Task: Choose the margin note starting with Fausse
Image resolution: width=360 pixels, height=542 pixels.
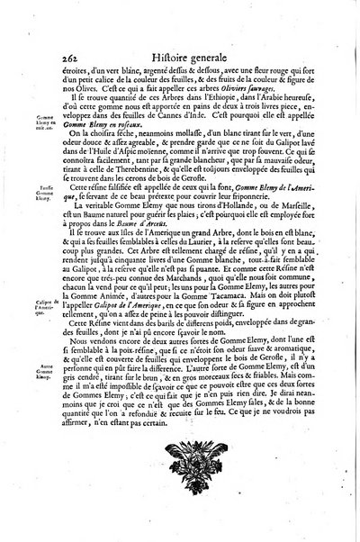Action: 26,193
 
